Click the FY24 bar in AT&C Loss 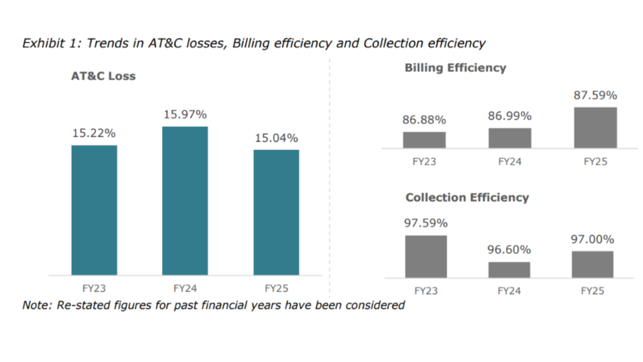click(x=185, y=201)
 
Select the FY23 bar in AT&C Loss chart click(x=94, y=210)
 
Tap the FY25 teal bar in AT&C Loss click(x=276, y=212)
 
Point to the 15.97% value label click(x=185, y=114)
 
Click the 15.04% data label click(x=276, y=138)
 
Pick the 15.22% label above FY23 click(x=94, y=133)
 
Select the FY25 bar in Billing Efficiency click(x=595, y=128)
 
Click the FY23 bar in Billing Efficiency click(x=424, y=140)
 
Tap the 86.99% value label click(x=510, y=116)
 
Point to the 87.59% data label click(x=595, y=95)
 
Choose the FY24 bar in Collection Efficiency click(x=509, y=269)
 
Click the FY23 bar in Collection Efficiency click(x=426, y=256)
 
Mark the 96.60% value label click(x=509, y=250)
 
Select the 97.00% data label click(x=592, y=239)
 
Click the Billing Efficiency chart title click(x=455, y=68)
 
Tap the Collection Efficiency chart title click(x=467, y=198)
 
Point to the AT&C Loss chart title click(x=103, y=76)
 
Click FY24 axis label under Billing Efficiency click(x=510, y=161)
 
